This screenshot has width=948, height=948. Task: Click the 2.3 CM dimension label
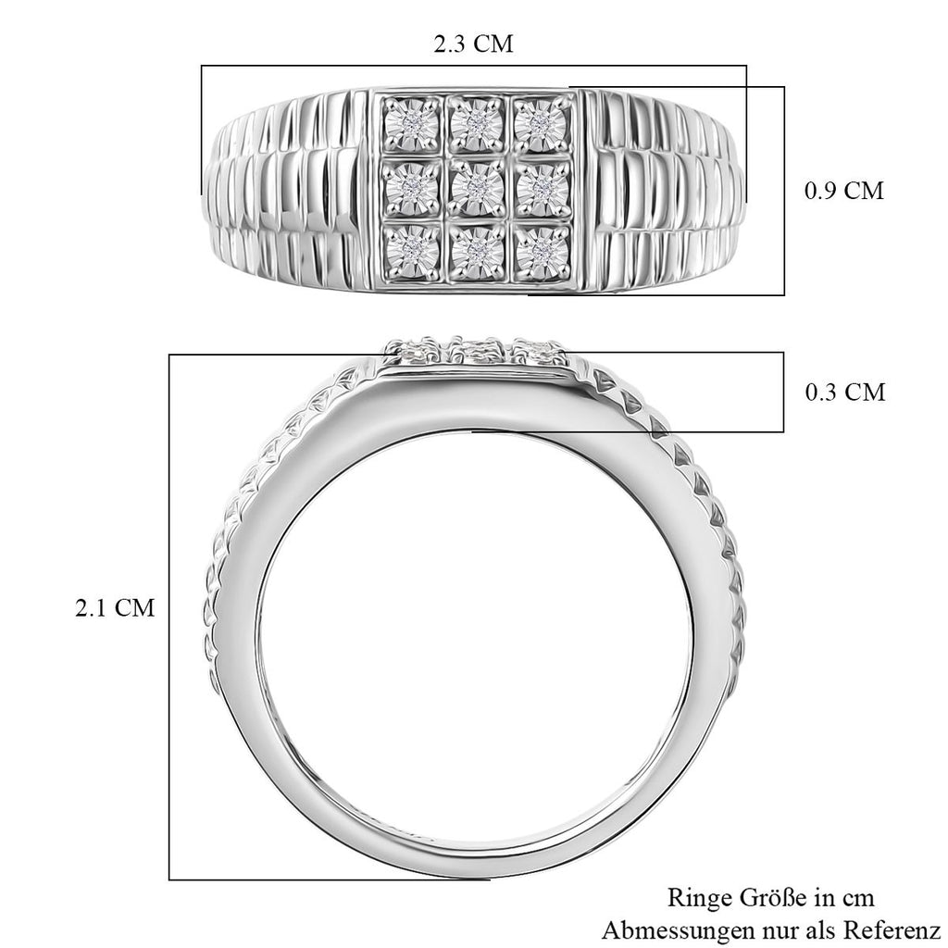(x=473, y=44)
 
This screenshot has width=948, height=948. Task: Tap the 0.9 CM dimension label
(x=844, y=191)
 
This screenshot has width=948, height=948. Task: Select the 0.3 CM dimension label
(x=844, y=393)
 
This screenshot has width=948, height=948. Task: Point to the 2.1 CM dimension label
(x=115, y=607)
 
